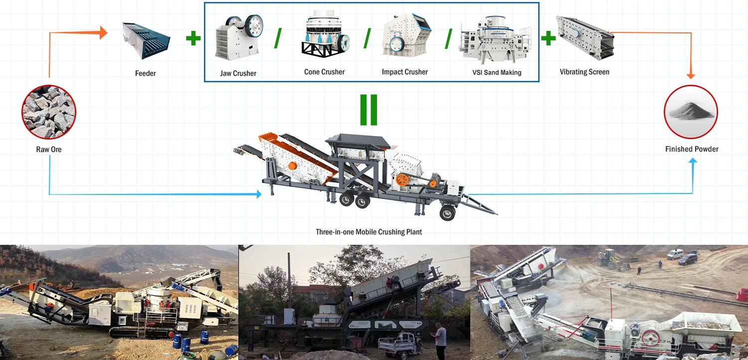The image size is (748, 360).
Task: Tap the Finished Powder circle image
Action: coord(691,112)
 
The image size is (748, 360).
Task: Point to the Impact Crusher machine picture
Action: coord(404,35)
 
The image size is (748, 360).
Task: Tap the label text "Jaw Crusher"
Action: coord(238,73)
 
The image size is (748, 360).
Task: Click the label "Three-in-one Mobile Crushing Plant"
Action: coord(369,232)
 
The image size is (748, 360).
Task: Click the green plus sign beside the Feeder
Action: coord(193,39)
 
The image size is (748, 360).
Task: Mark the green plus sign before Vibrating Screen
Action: coord(548,38)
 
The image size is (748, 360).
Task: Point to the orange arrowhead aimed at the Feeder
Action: coord(103,33)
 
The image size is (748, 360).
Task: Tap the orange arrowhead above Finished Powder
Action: coord(691,75)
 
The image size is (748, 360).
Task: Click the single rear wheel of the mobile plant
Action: coord(447,212)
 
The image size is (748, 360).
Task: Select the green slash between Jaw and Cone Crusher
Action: coord(278,38)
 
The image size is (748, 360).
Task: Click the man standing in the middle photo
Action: coord(440,339)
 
